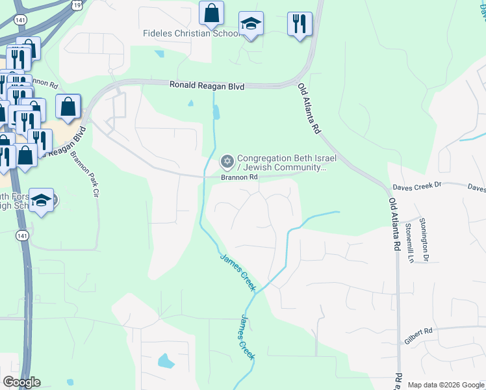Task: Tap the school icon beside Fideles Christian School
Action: click(x=251, y=24)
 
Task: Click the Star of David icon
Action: click(x=227, y=161)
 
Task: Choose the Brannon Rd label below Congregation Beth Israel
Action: click(x=240, y=176)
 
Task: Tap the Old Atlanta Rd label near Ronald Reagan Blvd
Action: click(x=310, y=109)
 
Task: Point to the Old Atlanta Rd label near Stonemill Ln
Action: click(x=393, y=225)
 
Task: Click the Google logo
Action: click(x=21, y=382)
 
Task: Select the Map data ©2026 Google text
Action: click(x=445, y=385)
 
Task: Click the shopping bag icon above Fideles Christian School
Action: click(x=211, y=12)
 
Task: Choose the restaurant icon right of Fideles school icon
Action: click(x=300, y=23)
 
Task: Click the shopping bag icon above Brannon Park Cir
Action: click(x=68, y=106)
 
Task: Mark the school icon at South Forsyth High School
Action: click(x=42, y=200)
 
